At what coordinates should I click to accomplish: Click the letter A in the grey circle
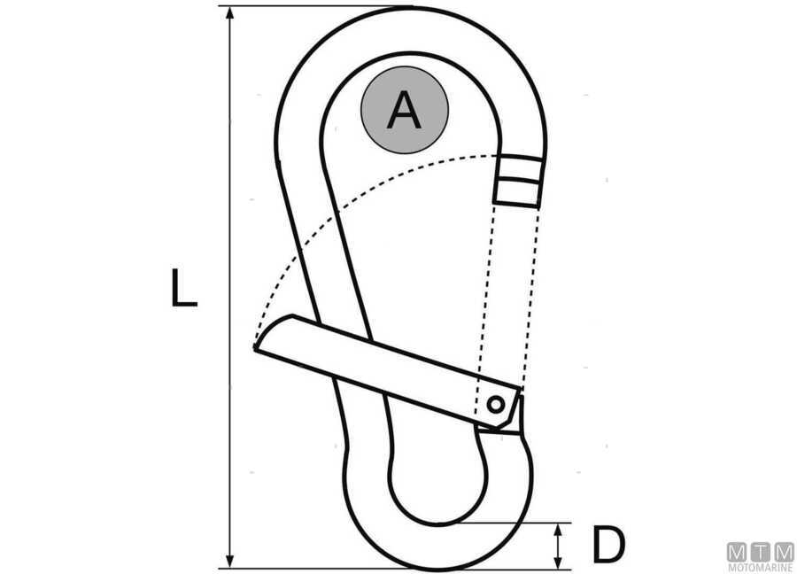tap(404, 110)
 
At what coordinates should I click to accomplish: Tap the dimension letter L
tap(183, 287)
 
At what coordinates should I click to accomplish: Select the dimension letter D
tap(608, 545)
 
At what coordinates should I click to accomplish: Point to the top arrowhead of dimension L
tap(230, 13)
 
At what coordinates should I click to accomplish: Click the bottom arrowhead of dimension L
tap(230, 561)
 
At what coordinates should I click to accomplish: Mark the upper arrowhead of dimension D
tap(559, 531)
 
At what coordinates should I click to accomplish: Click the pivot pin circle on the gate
tap(495, 405)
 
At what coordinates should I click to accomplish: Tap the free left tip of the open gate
tap(255, 348)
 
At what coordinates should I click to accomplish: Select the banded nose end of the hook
tap(518, 181)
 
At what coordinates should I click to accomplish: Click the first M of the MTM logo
tap(737, 552)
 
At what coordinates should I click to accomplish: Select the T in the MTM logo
tap(761, 552)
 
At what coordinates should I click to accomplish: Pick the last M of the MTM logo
tap(784, 552)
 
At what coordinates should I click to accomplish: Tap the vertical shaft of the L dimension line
tap(230, 287)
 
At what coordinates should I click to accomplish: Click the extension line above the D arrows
tap(514, 523)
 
